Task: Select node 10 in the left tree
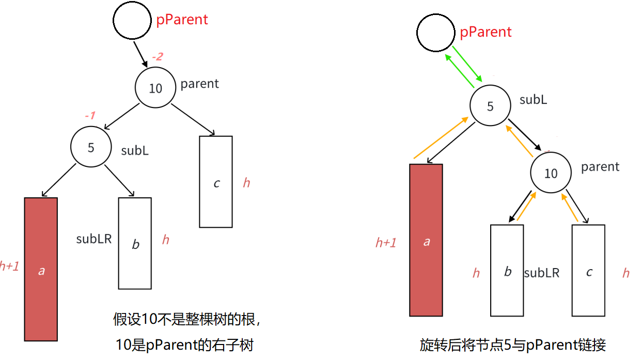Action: pyautogui.click(x=155, y=88)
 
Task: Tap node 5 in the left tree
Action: pyautogui.click(x=91, y=147)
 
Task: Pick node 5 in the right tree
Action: pyautogui.click(x=490, y=106)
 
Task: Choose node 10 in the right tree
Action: pyautogui.click(x=551, y=173)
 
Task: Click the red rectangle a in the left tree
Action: pyautogui.click(x=41, y=269)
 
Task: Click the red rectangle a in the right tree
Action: pyautogui.click(x=426, y=240)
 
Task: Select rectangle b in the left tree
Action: pyautogui.click(x=135, y=243)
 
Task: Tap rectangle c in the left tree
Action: pyautogui.click(x=216, y=182)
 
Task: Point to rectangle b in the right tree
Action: pyautogui.click(x=507, y=270)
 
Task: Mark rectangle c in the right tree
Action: pyautogui.click(x=588, y=270)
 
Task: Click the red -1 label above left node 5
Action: pyautogui.click(x=90, y=116)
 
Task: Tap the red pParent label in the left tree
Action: pyautogui.click(x=182, y=20)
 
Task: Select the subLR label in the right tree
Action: pyautogui.click(x=541, y=273)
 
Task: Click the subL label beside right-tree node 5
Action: pyautogui.click(x=533, y=100)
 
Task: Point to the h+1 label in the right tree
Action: pyautogui.click(x=386, y=243)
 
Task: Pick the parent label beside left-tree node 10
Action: pyautogui.click(x=199, y=84)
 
